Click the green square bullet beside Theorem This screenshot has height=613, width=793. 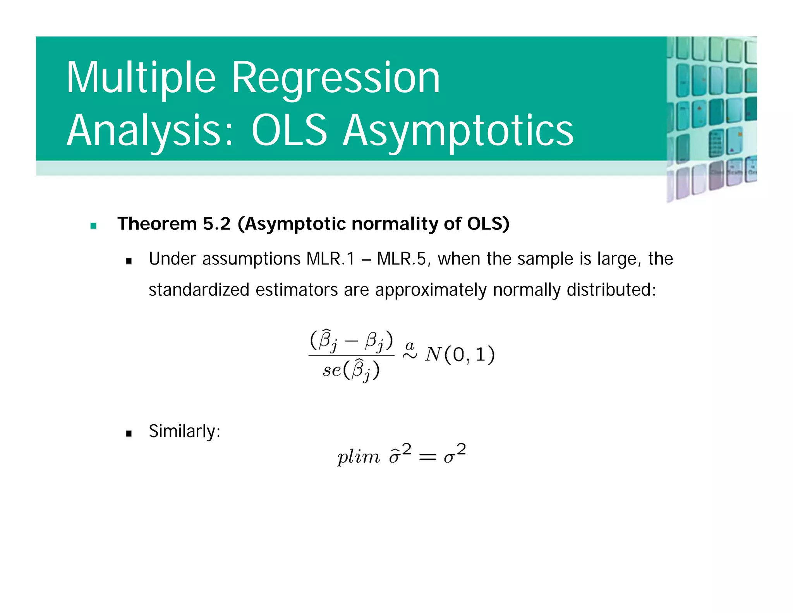[93, 226]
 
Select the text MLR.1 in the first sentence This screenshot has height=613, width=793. [330, 259]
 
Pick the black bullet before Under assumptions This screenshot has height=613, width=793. [129, 261]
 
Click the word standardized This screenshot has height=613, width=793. [199, 290]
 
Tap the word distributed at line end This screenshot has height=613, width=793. [611, 290]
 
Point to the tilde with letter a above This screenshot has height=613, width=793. [410, 351]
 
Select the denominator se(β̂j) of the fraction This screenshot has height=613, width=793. [351, 370]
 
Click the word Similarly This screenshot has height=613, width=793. [184, 431]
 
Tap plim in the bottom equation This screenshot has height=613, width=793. [358, 457]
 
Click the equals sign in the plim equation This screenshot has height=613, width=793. [427, 458]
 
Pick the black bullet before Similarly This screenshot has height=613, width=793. [129, 434]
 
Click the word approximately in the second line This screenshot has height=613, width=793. [431, 290]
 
